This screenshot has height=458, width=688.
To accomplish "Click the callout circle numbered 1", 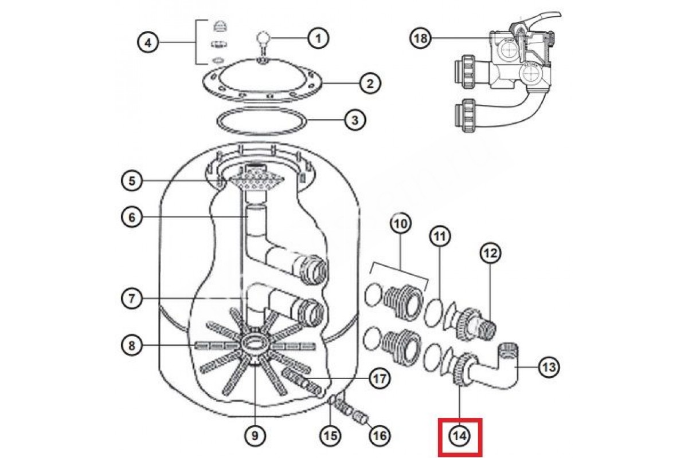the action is click(318, 39).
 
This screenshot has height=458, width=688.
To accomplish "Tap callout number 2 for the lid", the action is click(370, 84).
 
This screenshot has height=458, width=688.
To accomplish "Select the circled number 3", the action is click(355, 120).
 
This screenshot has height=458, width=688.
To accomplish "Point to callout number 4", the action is click(148, 42).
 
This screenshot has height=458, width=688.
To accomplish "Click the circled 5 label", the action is click(132, 181).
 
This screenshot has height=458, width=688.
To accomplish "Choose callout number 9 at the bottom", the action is click(255, 436).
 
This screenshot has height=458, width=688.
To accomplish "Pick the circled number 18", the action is click(421, 38).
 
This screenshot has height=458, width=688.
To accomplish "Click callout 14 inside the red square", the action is click(460, 436).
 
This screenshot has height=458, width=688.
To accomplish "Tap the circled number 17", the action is click(380, 378).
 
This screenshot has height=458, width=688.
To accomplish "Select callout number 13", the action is click(549, 367).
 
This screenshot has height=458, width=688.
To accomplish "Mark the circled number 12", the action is click(491, 253).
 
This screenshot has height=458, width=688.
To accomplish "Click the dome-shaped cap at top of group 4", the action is click(220, 26).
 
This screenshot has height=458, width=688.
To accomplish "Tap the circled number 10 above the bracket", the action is click(401, 224).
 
